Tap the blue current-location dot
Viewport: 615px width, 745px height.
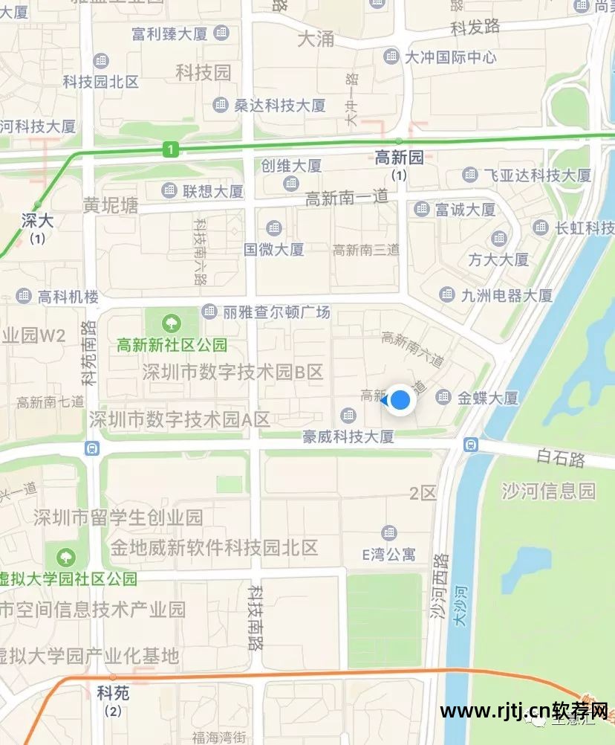coord(400,400)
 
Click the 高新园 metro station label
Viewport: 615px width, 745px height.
coord(399,157)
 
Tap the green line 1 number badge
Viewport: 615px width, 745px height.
coord(172,150)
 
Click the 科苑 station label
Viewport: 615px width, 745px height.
coord(113,693)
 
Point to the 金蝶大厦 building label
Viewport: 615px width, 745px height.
coord(487,398)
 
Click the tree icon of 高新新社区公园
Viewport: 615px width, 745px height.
coord(172,323)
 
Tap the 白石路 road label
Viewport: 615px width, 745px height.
coord(561,458)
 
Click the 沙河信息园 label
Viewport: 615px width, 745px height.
coord(548,491)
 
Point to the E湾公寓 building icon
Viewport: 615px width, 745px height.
coord(388,532)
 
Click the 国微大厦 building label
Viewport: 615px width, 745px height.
coord(274,249)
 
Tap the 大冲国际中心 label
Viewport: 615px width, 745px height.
coord(449,57)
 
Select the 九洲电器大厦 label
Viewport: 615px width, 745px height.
coord(507,295)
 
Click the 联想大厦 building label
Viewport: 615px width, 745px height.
coord(213,191)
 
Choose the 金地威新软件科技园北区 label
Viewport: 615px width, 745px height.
coord(214,548)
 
